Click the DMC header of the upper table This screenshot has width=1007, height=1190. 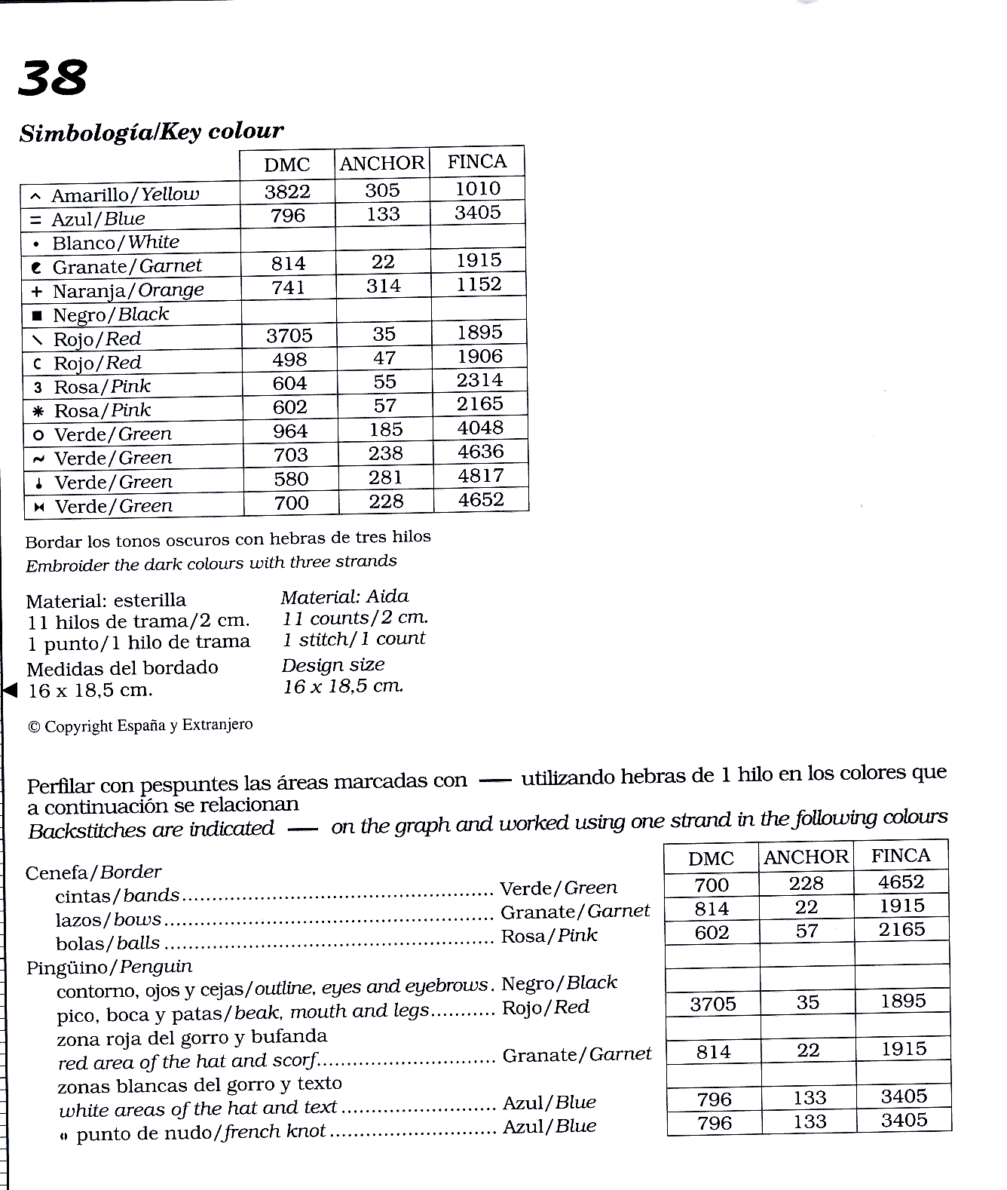pyautogui.click(x=286, y=165)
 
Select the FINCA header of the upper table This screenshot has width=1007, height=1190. pyautogui.click(x=476, y=161)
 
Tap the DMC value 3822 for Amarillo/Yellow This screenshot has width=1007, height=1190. pyautogui.click(x=287, y=192)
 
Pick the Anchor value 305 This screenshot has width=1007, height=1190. pyautogui.click(x=382, y=190)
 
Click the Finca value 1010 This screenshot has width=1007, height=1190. pyautogui.click(x=478, y=189)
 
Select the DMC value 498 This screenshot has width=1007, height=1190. pyautogui.click(x=289, y=360)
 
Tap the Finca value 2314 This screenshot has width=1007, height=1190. pyautogui.click(x=479, y=380)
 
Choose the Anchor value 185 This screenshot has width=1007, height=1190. pyautogui.click(x=385, y=430)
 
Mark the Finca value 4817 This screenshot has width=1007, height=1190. pyautogui.click(x=481, y=476)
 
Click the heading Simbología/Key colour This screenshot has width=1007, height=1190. pyautogui.click(x=152, y=132)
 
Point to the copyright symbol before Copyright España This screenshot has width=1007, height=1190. pyautogui.click(x=34, y=727)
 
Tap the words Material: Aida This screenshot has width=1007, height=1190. pyautogui.click(x=344, y=597)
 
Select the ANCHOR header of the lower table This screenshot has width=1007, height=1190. pyautogui.click(x=806, y=857)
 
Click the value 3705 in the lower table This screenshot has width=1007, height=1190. pyautogui.click(x=712, y=1004)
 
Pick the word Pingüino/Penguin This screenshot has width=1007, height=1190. pyautogui.click(x=109, y=967)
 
